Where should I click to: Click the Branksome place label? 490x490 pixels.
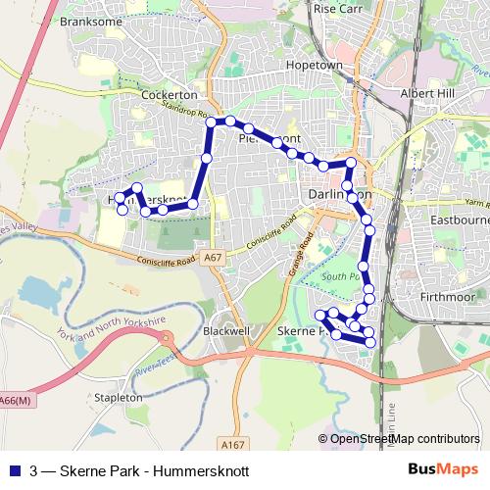click(89, 20)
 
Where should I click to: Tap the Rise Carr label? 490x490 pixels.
click(338, 8)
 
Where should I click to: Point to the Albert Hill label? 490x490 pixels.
click(429, 94)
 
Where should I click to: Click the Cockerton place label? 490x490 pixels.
click(170, 95)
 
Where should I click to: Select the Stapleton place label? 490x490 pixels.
click(119, 398)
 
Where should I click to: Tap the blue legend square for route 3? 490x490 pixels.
click(15, 470)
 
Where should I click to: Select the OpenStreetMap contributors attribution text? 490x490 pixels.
click(399, 439)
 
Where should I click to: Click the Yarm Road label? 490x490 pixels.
click(476, 202)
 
